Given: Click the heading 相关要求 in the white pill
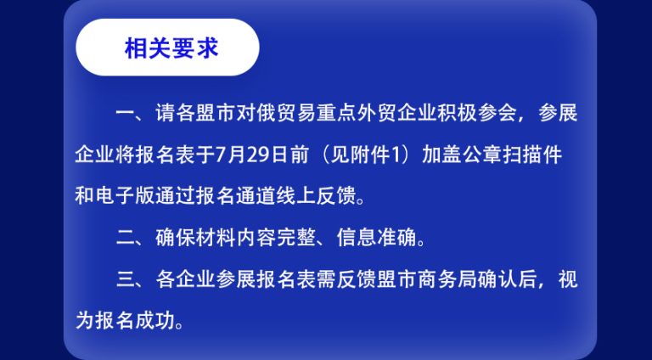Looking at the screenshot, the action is click(x=171, y=48).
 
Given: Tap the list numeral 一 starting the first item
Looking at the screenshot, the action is click(x=126, y=113).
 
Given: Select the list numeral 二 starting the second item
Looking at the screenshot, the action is click(x=126, y=239).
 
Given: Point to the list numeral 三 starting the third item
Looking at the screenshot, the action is click(x=126, y=279).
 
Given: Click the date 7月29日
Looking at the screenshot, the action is click(x=251, y=155).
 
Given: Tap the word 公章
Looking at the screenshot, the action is click(x=481, y=155).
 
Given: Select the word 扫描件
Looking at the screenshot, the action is click(x=532, y=155).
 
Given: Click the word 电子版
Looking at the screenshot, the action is click(x=125, y=196).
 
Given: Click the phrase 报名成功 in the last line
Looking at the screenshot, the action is click(x=135, y=321).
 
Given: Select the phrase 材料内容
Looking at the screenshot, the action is click(x=236, y=239).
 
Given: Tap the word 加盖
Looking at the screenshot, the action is click(x=441, y=155).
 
